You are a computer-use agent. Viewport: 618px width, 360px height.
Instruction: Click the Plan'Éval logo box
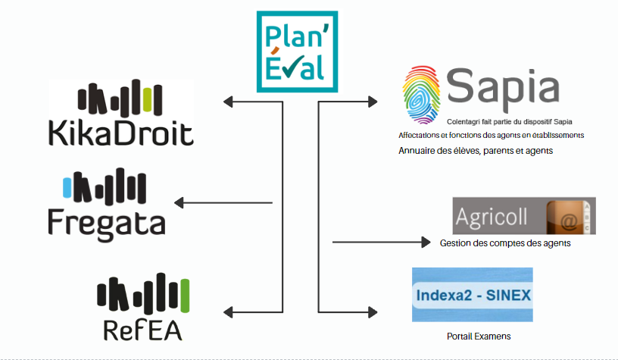(294, 52)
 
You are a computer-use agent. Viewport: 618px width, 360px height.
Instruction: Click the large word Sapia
(502, 86)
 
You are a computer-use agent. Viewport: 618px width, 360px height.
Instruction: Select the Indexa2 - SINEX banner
(472, 295)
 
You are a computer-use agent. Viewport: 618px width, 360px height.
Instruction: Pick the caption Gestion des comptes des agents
(504, 243)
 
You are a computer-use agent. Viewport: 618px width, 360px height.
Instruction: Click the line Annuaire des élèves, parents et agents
(476, 151)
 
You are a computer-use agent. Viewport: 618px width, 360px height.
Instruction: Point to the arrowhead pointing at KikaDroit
(228, 101)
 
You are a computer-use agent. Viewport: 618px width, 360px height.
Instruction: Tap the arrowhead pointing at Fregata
(179, 202)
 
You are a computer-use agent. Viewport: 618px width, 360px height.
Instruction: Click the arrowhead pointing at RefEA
(228, 311)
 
